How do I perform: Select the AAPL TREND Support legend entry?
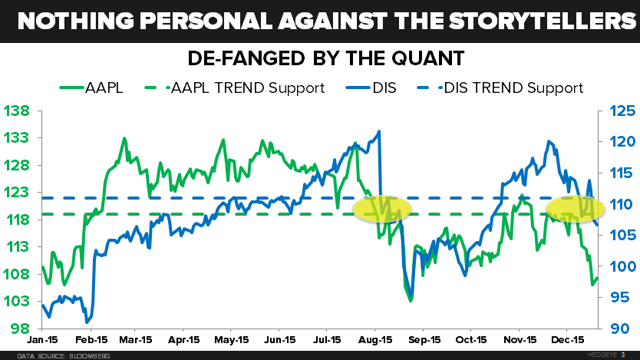[x=246, y=88]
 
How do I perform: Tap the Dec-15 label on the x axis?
[x=567, y=339]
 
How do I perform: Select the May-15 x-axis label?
[x=233, y=339]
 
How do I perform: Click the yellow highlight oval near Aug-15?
[x=382, y=207]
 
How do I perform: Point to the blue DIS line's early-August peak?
[x=379, y=132]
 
